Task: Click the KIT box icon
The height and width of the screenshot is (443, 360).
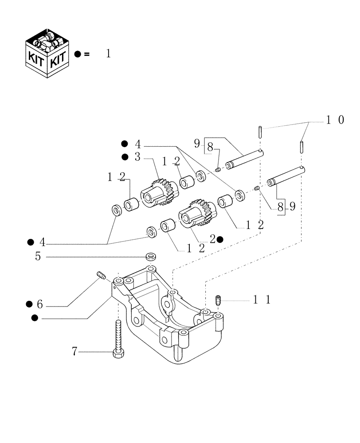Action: (x=48, y=53)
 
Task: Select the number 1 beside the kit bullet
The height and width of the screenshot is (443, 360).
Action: (x=108, y=54)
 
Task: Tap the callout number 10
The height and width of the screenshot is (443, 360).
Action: (x=335, y=120)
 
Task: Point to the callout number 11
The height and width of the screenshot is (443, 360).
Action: (x=261, y=300)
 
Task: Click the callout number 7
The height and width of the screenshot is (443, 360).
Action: (x=75, y=352)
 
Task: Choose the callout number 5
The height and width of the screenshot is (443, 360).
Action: (x=38, y=256)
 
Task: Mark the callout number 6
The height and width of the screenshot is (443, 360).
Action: (x=39, y=305)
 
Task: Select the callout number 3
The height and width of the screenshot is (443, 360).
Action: (x=137, y=157)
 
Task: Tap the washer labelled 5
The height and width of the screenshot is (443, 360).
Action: (x=150, y=256)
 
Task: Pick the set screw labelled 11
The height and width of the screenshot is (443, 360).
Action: (x=218, y=300)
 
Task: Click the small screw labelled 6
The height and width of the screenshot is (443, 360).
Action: (x=100, y=276)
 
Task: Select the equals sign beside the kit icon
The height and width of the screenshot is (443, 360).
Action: (x=86, y=54)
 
